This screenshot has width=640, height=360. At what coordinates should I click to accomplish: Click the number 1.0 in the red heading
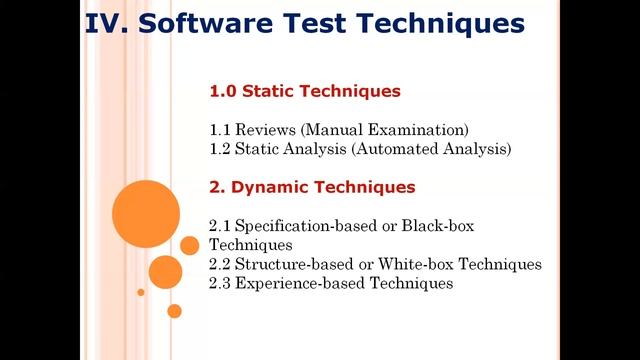(x=223, y=91)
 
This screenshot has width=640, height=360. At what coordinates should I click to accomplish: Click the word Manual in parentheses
(x=340, y=130)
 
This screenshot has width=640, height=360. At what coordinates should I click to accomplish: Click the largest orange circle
(x=146, y=212)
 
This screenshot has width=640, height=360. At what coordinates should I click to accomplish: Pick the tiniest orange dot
(x=141, y=292)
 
